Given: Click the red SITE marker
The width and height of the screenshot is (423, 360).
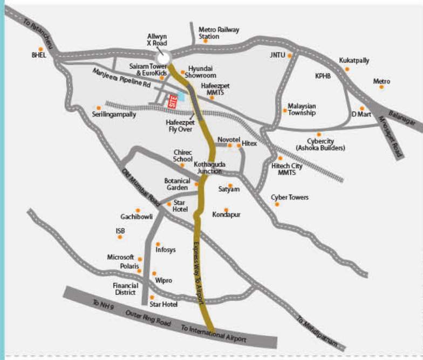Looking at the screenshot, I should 173,101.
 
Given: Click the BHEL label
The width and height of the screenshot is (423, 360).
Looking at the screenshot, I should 39,55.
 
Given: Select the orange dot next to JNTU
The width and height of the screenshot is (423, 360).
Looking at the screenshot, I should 290,55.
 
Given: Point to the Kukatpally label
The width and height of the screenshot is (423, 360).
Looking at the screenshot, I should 354,60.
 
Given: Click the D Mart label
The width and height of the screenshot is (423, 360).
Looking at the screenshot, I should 361,114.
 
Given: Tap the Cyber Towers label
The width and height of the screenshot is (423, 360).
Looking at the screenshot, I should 290,197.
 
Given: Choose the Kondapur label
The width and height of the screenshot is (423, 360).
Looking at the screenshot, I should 227,214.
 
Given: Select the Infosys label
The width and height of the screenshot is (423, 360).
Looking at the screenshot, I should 166,250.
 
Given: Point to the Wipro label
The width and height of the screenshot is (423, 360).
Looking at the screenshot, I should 163,280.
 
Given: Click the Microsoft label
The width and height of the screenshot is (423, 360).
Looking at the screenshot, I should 120,258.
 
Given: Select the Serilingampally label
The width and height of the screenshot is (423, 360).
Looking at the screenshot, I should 114,114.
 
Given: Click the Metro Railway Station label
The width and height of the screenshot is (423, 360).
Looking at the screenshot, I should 219,33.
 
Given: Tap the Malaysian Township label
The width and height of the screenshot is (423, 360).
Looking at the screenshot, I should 302,109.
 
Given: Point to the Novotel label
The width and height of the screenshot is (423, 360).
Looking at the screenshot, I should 228,139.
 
